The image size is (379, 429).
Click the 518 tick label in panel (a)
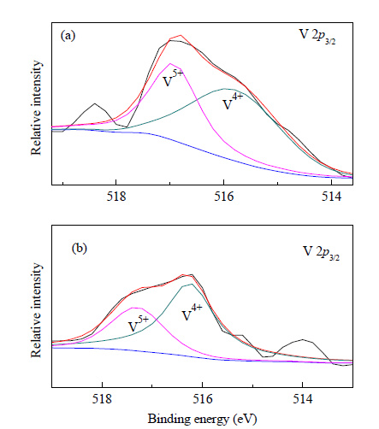click(116, 197)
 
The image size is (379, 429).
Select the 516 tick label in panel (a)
click(224, 197)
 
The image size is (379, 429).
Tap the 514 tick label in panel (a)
click(331, 197)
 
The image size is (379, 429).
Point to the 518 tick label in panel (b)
click(102, 399)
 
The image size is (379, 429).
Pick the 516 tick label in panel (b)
click(203, 399)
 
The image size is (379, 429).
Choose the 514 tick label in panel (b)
click(303, 399)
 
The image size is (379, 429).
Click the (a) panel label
click(68, 36)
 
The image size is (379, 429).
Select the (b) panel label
click(79, 249)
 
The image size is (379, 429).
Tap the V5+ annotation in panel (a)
click(172, 79)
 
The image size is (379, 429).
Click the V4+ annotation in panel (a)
click(233, 102)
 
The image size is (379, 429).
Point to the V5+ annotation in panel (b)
click(139, 324)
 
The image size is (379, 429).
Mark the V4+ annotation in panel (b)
click(192, 313)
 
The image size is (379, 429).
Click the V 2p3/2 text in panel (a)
click(317, 37)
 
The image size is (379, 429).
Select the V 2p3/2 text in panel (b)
click(321, 253)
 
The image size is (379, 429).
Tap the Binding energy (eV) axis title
click(202, 419)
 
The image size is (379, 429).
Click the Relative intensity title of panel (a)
click(36, 108)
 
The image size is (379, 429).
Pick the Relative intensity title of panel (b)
click(36, 310)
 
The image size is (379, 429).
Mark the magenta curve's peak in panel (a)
click(170, 63)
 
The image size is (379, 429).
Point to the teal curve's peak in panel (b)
click(192, 284)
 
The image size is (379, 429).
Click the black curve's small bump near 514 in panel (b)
click(303, 339)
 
